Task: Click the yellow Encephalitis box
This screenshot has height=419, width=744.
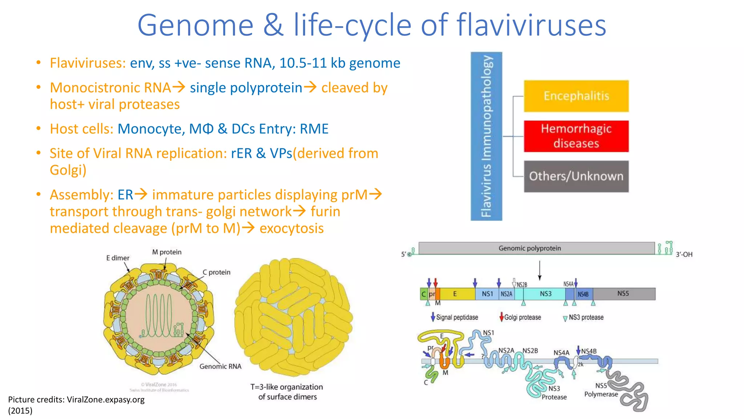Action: point(576,96)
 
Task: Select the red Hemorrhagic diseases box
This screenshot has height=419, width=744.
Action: point(576,136)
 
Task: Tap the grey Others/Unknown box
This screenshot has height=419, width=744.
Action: point(576,176)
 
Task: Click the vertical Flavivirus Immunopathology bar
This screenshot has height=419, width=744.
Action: point(486,136)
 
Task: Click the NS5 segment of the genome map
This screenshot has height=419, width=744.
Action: point(623,294)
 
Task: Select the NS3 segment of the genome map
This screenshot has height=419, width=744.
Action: point(545,294)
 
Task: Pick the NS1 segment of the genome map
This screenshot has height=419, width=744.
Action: point(487,294)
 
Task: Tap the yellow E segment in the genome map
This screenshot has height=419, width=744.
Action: point(455,294)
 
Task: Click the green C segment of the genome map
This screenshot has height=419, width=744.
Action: point(424,294)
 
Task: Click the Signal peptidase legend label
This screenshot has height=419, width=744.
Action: point(457,317)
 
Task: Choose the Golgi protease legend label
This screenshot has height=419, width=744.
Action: point(522,317)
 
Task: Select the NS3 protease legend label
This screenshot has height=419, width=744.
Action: point(586,317)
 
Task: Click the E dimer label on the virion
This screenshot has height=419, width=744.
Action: point(118,258)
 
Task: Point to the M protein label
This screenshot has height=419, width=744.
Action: point(167,252)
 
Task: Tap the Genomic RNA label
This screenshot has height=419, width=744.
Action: point(220,366)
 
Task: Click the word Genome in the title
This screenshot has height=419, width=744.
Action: point(195,25)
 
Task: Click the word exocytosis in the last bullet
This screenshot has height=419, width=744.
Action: point(291,228)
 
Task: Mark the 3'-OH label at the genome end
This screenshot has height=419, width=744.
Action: point(684,254)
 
